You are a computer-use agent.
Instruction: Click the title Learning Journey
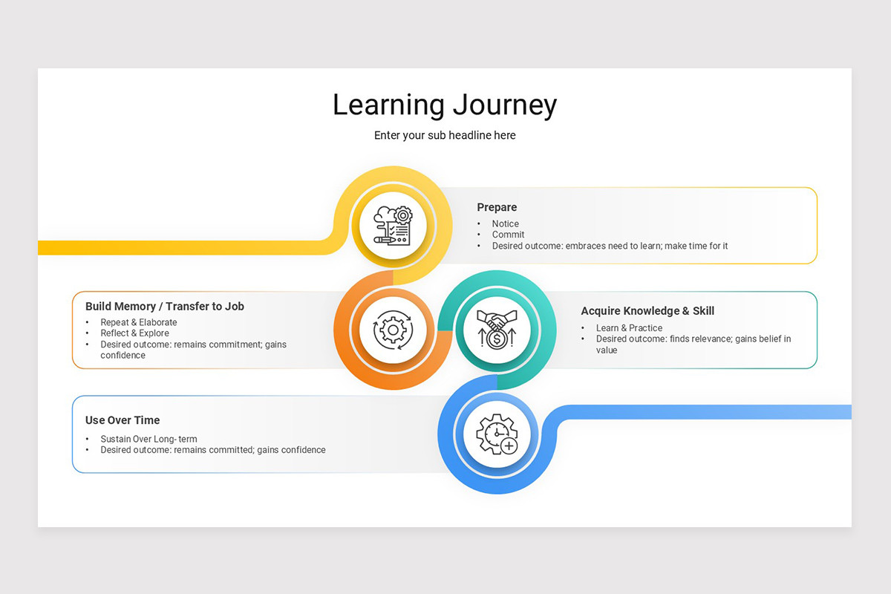[444, 105]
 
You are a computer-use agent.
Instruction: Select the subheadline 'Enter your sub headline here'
[444, 135]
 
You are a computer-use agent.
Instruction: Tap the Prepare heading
[497, 207]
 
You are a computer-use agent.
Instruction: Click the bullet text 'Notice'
[505, 223]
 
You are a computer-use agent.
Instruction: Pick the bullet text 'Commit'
[508, 235]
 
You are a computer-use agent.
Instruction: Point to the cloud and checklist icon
[393, 225]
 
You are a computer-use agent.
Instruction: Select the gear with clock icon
[497, 434]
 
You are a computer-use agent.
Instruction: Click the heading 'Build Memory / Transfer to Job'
[165, 306]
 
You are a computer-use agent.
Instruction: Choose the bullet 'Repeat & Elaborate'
[139, 322]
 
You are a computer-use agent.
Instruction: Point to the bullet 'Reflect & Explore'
[134, 333]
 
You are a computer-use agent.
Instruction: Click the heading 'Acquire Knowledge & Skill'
[647, 311]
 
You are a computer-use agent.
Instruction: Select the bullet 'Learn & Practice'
[629, 328]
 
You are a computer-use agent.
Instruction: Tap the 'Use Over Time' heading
[123, 420]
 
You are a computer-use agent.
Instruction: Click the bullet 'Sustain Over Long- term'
[148, 439]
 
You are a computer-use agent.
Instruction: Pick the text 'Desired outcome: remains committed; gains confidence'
[213, 450]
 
